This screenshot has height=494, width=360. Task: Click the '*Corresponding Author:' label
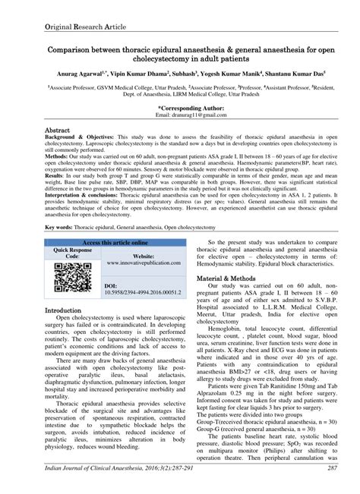tap(180, 108)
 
